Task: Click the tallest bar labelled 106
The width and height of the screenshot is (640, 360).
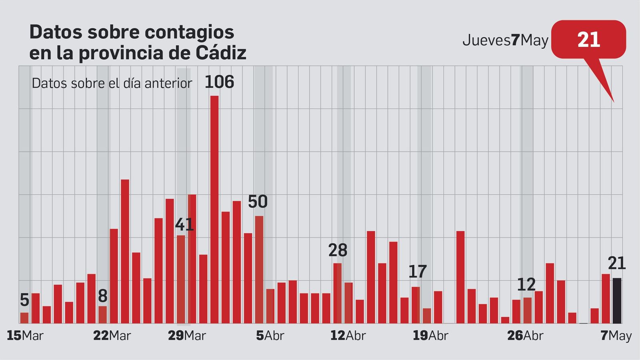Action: pyautogui.click(x=214, y=208)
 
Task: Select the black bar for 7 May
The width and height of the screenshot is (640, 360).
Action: pyautogui.click(x=617, y=301)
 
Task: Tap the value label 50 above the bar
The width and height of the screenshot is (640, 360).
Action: pyautogui.click(x=258, y=202)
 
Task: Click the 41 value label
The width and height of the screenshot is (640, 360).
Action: pyautogui.click(x=184, y=225)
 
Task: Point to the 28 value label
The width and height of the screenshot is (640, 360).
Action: pyautogui.click(x=338, y=251)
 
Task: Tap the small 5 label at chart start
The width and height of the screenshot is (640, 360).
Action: pyautogui.click(x=24, y=300)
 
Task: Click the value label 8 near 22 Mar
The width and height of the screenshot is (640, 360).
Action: pyautogui.click(x=102, y=296)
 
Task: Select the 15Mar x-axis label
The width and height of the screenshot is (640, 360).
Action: pyautogui.click(x=25, y=336)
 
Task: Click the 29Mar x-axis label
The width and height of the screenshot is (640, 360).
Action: pyautogui.click(x=187, y=336)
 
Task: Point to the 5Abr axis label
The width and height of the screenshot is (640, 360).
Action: pyautogui.click(x=270, y=336)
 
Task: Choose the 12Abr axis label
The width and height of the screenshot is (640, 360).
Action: pyautogui.click(x=348, y=336)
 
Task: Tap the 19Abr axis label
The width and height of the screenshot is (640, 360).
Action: pyautogui.click(x=430, y=336)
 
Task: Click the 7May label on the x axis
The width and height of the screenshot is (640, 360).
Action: pyautogui.click(x=616, y=336)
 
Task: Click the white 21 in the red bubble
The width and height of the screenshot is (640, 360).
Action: pyautogui.click(x=588, y=40)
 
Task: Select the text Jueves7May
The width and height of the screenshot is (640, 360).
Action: pyautogui.click(x=505, y=40)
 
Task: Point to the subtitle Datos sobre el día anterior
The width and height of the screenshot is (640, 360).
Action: pyautogui.click(x=112, y=83)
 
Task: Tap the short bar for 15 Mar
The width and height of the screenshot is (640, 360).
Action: pyautogui.click(x=24, y=318)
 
